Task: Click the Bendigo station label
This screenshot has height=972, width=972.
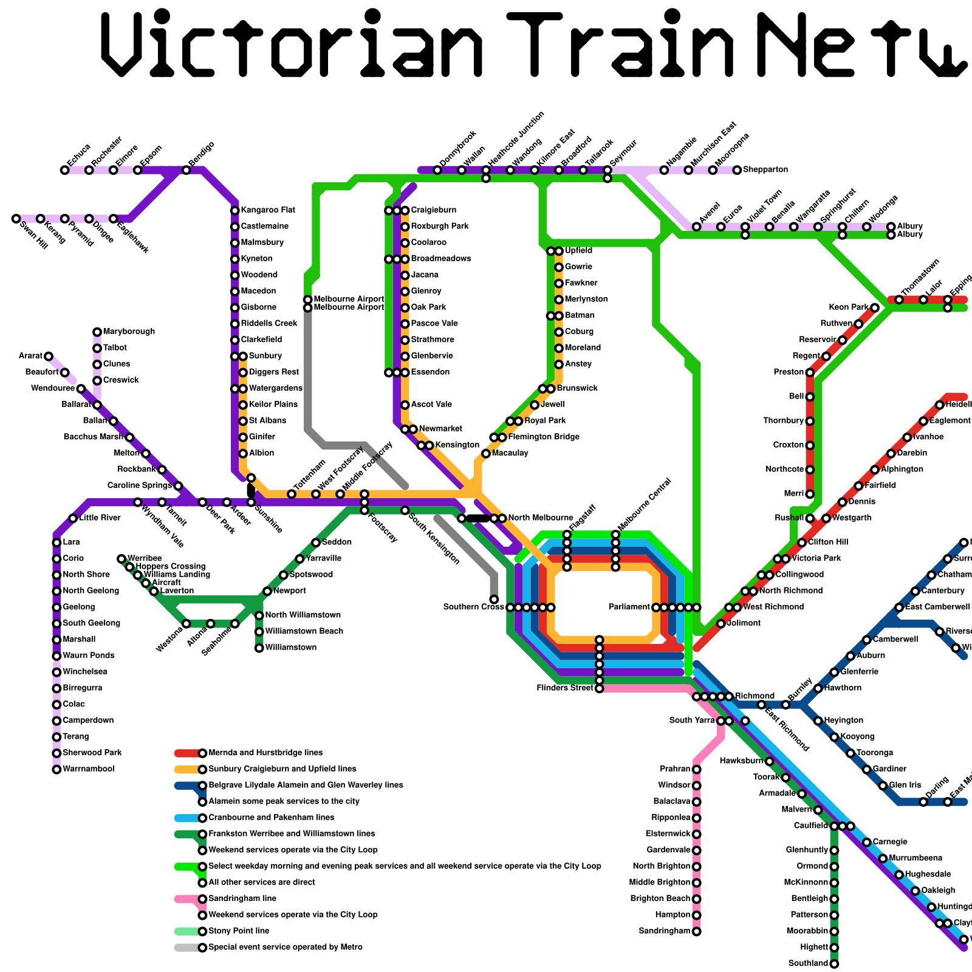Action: (x=202, y=154)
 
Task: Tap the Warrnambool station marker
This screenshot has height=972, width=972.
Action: (x=56, y=770)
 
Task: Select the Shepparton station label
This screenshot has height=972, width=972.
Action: (x=765, y=169)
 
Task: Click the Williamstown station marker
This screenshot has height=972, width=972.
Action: (x=259, y=648)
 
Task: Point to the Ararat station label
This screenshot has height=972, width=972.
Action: (x=30, y=356)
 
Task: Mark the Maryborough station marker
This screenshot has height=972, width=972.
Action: (x=97, y=332)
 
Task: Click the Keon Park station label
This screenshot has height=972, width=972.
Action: (x=849, y=307)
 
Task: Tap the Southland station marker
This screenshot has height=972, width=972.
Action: (x=835, y=964)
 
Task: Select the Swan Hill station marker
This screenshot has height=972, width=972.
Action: (x=16, y=219)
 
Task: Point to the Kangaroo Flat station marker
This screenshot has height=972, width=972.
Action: (x=234, y=211)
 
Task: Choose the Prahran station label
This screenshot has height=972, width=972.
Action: (x=675, y=769)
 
